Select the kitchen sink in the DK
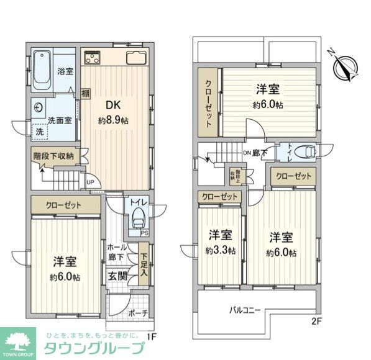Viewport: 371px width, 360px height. tap(135, 60)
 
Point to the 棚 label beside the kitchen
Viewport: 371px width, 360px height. tap(85, 94)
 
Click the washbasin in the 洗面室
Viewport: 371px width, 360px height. tap(39, 107)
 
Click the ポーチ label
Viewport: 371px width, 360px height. tap(138, 314)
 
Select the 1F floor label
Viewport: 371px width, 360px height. tap(150, 336)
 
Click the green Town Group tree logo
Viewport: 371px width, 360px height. tap(19, 340)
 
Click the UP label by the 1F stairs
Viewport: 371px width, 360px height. tap(90, 182)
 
